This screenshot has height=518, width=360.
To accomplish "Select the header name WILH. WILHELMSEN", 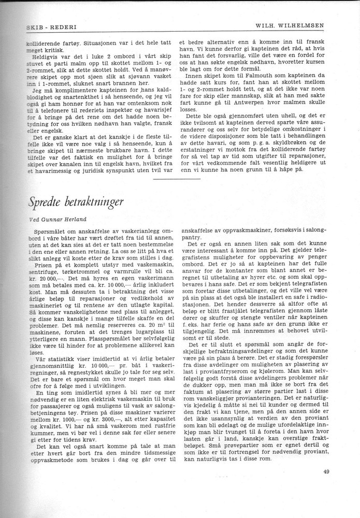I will point(301,25).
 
